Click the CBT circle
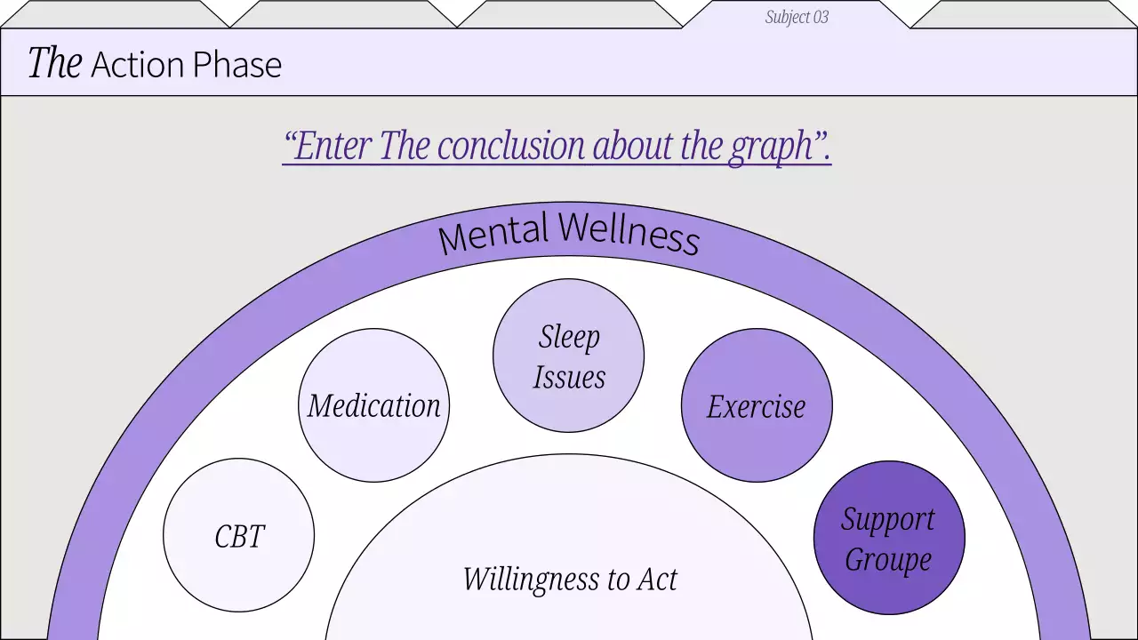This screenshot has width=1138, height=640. click(238, 536)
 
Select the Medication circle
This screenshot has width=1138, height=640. click(373, 405)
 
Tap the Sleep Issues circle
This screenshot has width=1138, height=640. click(568, 356)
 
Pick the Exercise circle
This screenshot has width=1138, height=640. click(757, 405)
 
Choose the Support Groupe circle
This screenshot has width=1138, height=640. click(889, 538)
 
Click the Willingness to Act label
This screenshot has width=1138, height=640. click(569, 580)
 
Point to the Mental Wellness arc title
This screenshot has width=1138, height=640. click(569, 234)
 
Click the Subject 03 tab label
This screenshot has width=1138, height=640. click(797, 17)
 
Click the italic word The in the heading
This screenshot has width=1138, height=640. click(55, 64)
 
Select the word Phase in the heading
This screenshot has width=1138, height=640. click(241, 65)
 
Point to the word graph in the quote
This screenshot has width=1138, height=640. click(773, 147)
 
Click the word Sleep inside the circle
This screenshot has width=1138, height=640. click(569, 337)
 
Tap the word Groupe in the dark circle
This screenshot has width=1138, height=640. click(888, 560)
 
